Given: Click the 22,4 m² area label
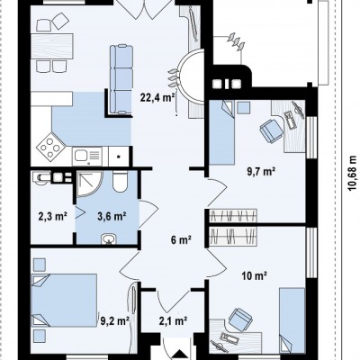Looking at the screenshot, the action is [157, 97].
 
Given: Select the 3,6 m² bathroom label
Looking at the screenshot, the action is [112, 216].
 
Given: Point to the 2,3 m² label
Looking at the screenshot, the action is [52, 216].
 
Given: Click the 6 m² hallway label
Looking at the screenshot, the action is [181, 239].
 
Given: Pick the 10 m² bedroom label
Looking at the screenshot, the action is [255, 275].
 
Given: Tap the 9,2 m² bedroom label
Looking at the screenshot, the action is [114, 321].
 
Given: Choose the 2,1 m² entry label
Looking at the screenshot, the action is [173, 321].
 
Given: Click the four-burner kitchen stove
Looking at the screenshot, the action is [51, 147].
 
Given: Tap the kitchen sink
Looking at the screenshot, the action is [87, 156].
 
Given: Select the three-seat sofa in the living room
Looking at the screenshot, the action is [121, 79].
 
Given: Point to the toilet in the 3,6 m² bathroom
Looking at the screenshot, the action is [121, 181].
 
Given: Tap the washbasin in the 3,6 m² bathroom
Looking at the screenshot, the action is [108, 239].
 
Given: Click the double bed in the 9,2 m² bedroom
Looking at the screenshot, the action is [64, 300].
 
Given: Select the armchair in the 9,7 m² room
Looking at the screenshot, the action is [272, 130].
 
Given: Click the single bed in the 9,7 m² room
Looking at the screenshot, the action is [221, 132].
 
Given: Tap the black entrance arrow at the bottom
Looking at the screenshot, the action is [179, 355].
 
